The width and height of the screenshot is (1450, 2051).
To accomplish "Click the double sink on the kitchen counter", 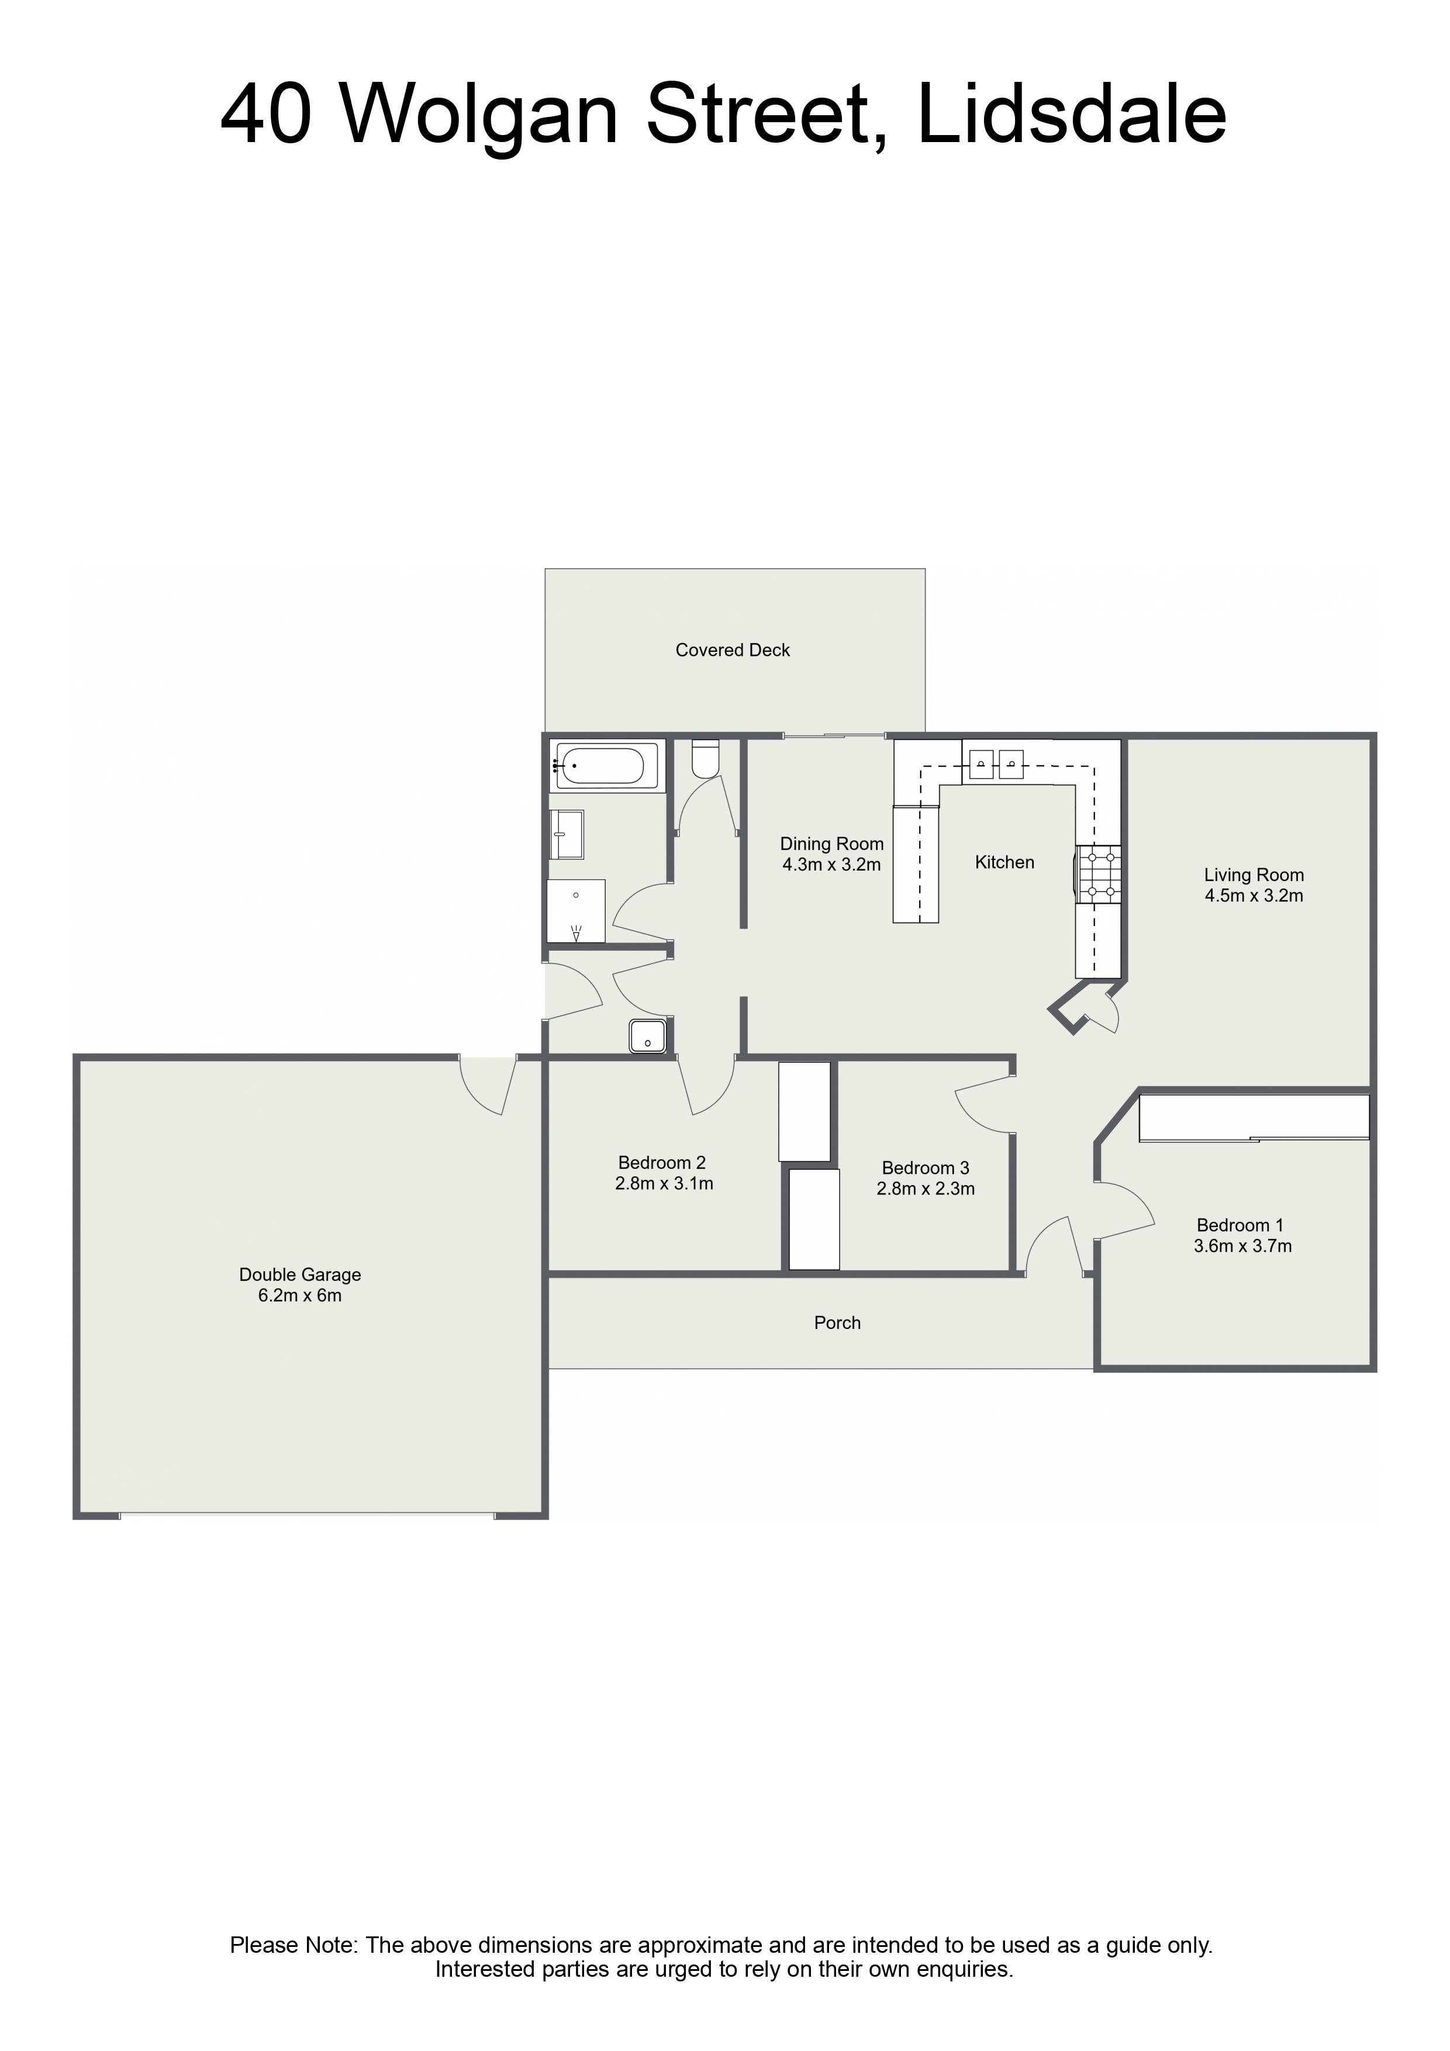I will pos(995,764).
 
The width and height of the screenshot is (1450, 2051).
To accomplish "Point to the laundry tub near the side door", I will pos(647,1035).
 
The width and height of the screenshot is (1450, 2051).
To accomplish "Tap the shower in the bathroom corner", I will pos(576,910).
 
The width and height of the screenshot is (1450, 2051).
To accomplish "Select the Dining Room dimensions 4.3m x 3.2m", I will pos(832,865).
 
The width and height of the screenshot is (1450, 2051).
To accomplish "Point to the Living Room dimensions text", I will pos(1254,896).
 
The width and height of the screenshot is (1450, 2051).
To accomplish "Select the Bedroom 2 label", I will pos(662,1162).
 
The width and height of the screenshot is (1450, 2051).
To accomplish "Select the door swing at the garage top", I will pos(487,1085).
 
